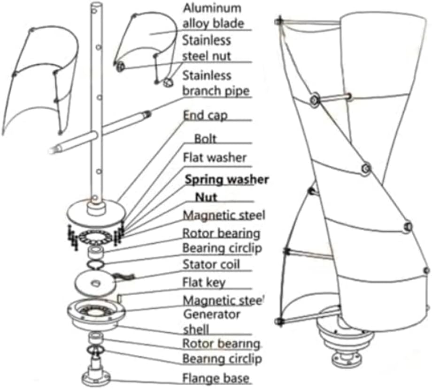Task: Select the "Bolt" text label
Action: pos(205,139)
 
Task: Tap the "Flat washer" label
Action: pos(214,157)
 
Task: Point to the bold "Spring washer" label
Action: pos(227,179)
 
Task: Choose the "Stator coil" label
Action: pos(211,264)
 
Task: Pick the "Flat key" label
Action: pos(204,282)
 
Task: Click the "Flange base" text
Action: pos(216,378)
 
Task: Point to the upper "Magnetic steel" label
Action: pos(224,215)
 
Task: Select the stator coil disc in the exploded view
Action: pos(96,282)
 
